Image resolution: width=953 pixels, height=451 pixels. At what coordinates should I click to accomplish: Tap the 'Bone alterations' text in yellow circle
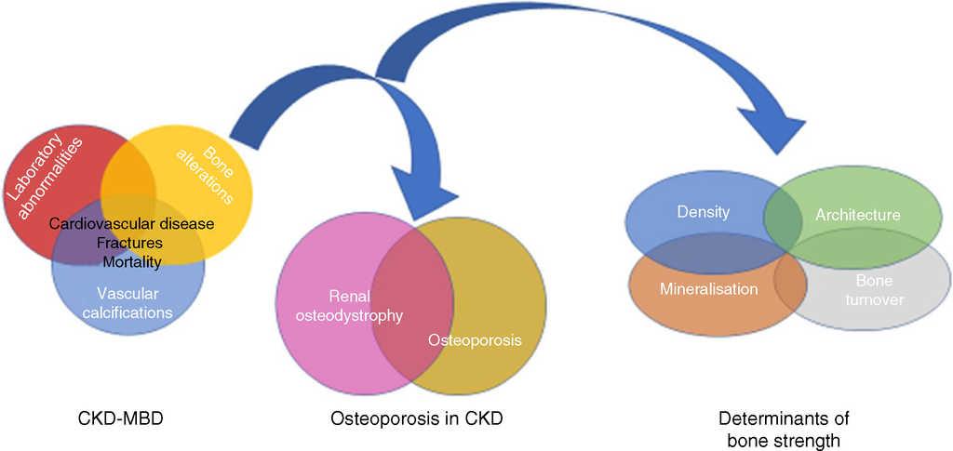tap(206, 165)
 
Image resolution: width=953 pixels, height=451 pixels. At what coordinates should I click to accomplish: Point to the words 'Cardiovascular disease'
tap(131, 224)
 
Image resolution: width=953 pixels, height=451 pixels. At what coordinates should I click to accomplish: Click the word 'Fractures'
tap(129, 243)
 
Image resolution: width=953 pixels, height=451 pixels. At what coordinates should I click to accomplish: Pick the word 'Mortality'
tap(131, 262)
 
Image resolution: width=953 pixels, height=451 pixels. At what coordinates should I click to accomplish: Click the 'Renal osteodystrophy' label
tap(348, 306)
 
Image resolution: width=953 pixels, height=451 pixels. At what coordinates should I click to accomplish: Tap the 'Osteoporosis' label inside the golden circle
tap(475, 340)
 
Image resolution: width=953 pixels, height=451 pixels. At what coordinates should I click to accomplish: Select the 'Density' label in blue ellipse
tap(703, 212)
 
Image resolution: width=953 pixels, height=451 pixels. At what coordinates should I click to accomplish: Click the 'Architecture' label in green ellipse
tap(857, 215)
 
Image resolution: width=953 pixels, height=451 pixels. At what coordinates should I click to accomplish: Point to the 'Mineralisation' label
tap(708, 288)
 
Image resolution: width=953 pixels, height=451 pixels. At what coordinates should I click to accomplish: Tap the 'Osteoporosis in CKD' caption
tap(416, 418)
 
